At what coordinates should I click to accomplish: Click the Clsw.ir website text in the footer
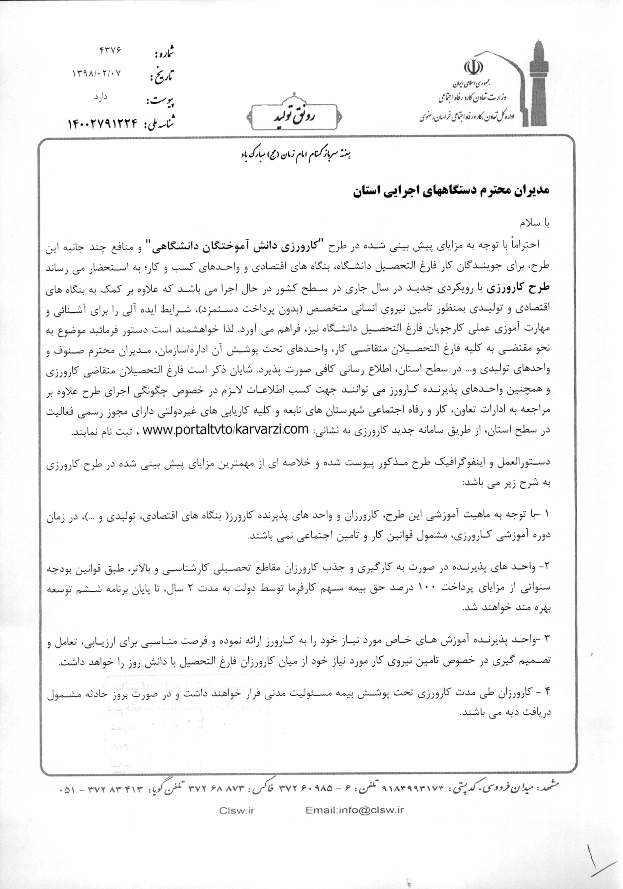237,810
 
